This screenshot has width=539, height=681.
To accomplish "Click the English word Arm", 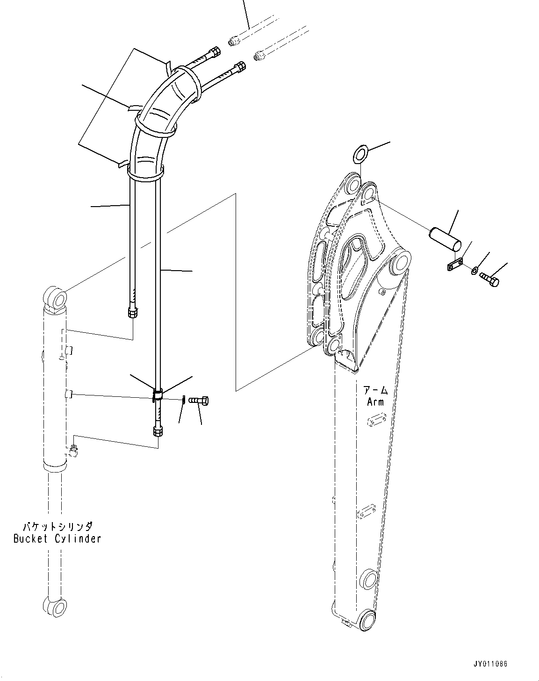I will [x=375, y=401].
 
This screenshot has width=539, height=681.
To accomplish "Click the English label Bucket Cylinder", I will [x=57, y=539].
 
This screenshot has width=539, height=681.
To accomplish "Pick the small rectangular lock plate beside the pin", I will [x=453, y=265].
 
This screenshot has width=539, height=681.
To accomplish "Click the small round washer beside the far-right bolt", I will [x=474, y=270].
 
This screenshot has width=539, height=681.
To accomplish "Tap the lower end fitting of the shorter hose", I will [x=133, y=312].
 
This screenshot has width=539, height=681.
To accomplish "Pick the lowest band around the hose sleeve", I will [x=145, y=174].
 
